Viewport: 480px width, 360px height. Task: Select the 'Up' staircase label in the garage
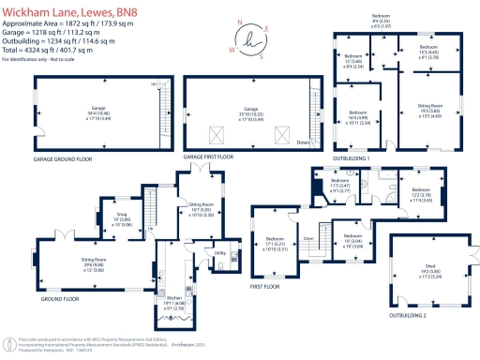pos(153,84)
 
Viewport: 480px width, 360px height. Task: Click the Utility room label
pos(221,253)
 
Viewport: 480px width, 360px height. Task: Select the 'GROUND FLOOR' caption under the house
pos(58,299)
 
